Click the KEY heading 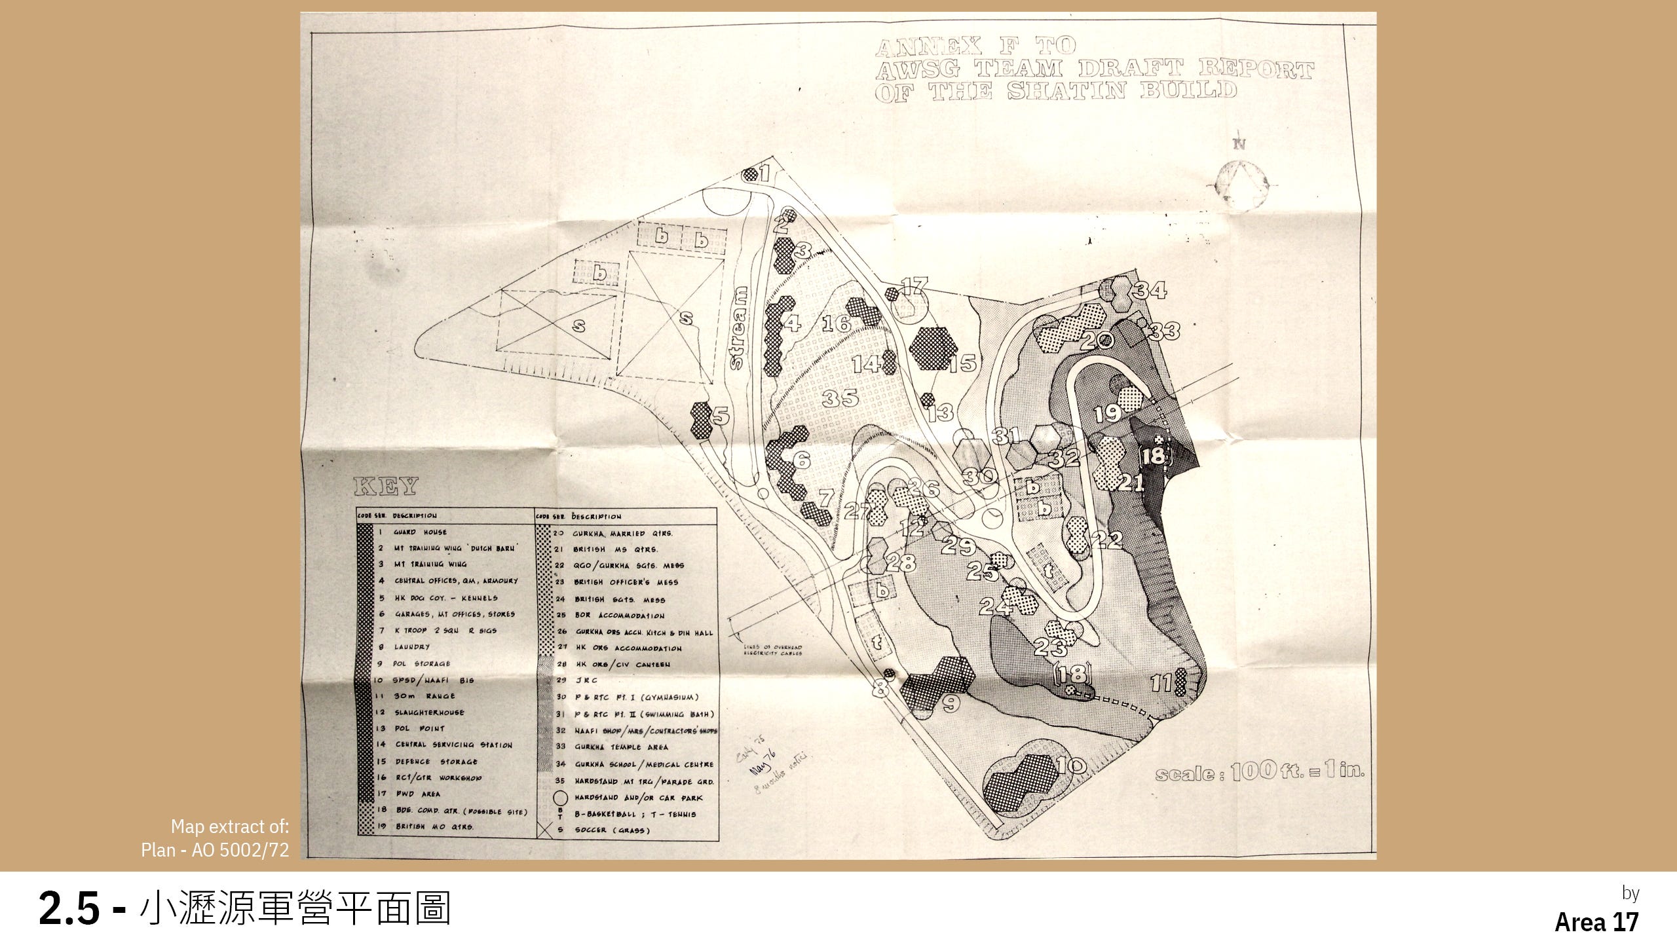pos(385,487)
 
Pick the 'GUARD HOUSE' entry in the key pos(420,532)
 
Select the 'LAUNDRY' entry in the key pos(411,647)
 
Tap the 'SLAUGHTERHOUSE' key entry pos(429,712)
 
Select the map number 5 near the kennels pos(721,415)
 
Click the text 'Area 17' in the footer pos(1596,922)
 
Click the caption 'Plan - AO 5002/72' pos(215,851)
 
